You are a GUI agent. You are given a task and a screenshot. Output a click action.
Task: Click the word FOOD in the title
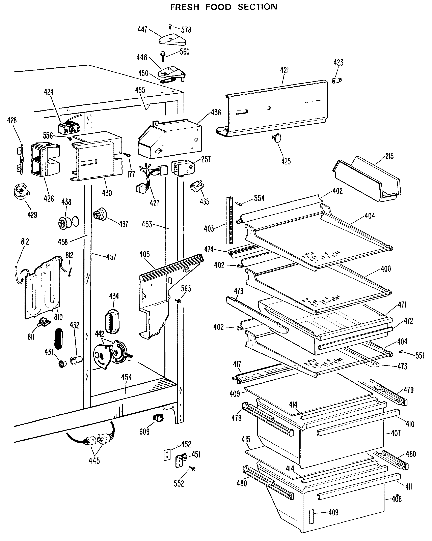click(x=218, y=7)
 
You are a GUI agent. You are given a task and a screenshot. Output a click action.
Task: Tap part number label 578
click(x=186, y=30)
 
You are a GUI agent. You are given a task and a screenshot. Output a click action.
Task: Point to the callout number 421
click(x=284, y=70)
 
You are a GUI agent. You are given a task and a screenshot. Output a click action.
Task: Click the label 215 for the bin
click(x=389, y=156)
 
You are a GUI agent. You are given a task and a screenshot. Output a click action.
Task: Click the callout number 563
click(x=186, y=289)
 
